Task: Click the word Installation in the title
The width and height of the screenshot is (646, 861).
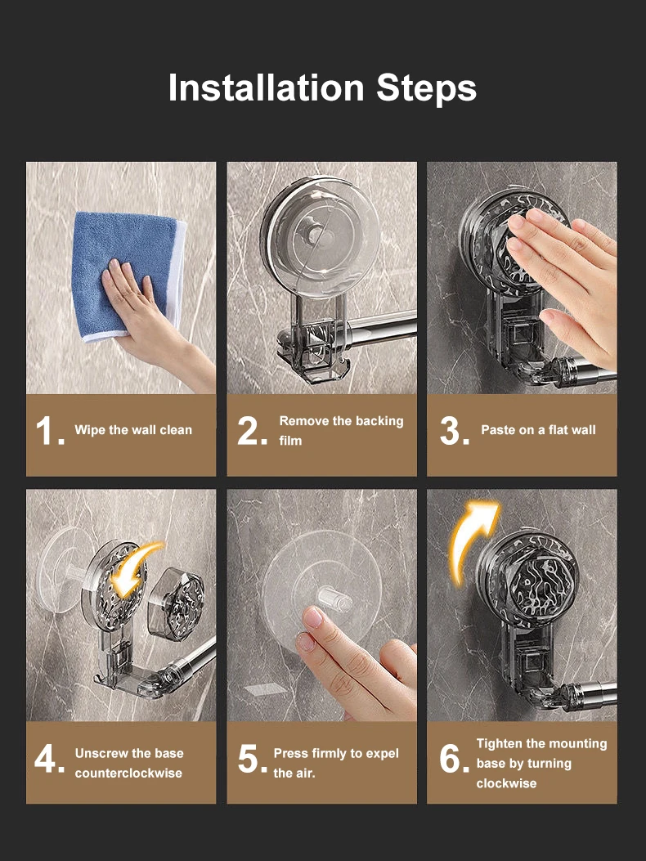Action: click(x=267, y=87)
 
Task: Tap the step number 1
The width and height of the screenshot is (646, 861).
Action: click(x=50, y=431)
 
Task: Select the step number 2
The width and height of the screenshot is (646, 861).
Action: click(x=252, y=431)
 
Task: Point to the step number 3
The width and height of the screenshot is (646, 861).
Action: click(x=455, y=431)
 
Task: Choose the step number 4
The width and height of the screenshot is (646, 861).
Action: click(x=49, y=759)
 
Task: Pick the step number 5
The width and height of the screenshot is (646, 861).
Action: click(x=252, y=759)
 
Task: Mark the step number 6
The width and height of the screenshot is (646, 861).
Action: click(x=454, y=759)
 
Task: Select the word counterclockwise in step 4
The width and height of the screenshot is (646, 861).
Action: click(x=128, y=774)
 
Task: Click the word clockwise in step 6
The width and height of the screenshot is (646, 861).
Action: click(x=506, y=783)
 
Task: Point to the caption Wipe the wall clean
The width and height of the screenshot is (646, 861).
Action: click(x=133, y=430)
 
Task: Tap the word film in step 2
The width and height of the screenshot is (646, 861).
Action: click(x=290, y=441)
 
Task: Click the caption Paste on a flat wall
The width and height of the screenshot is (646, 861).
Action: click(x=538, y=430)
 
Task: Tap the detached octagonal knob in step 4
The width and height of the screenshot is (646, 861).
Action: click(x=176, y=603)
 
